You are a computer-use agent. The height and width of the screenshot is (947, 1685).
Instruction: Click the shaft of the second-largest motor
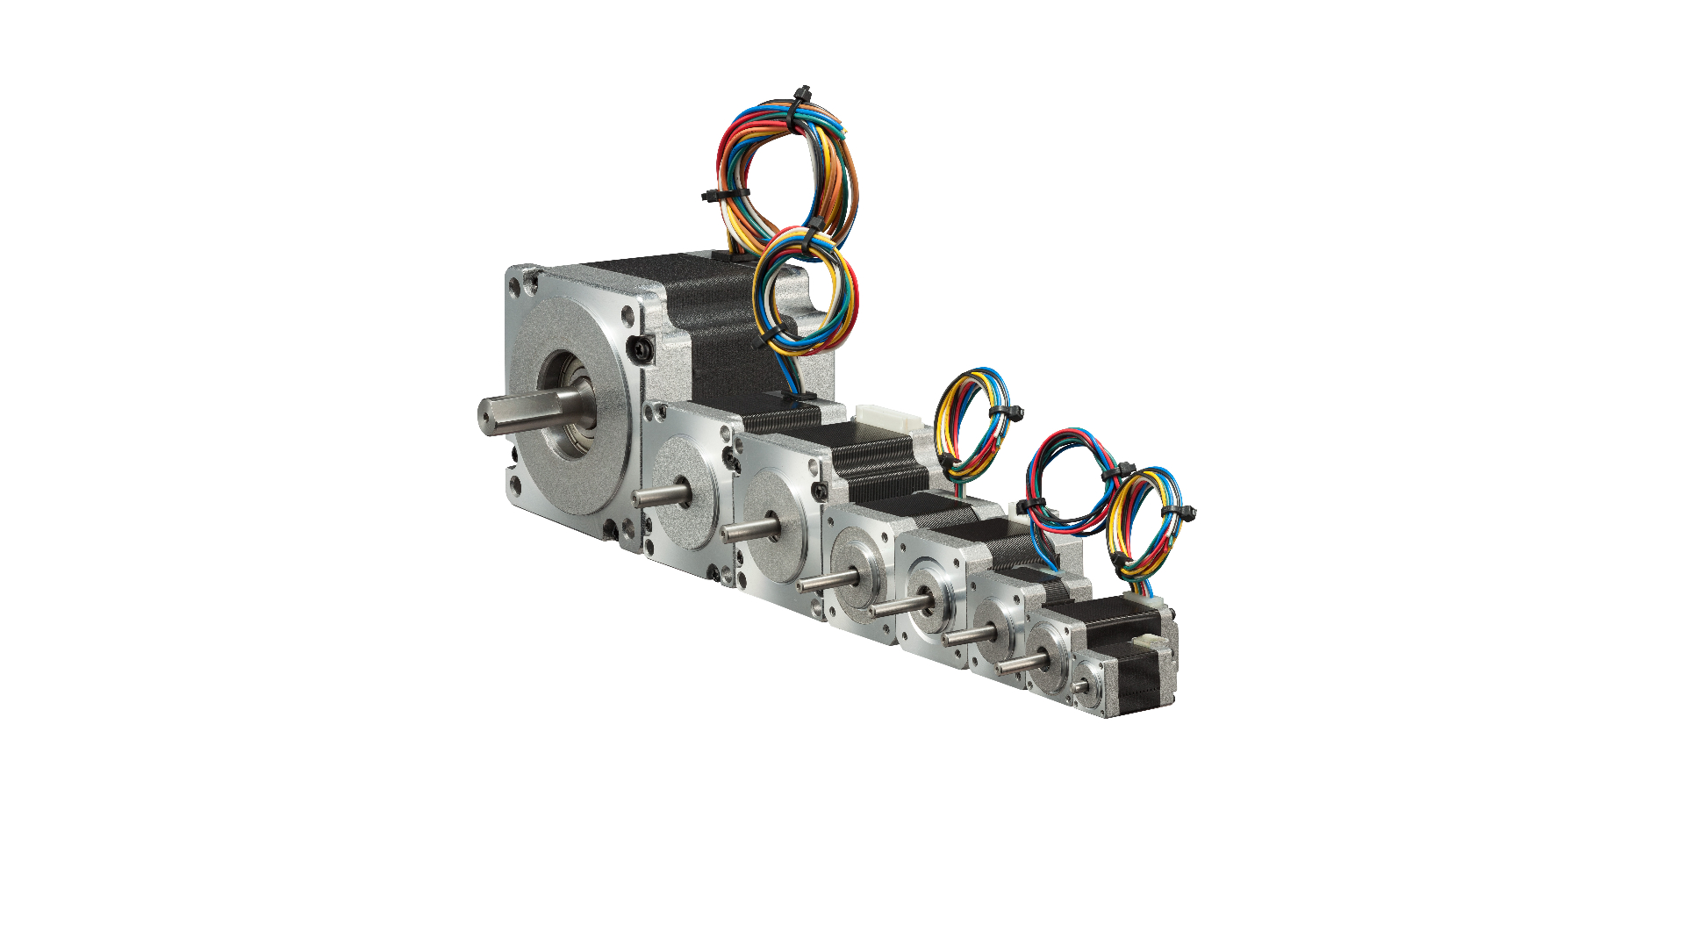[x=658, y=496]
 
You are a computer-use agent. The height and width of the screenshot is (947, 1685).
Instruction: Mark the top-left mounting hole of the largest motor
[x=530, y=282]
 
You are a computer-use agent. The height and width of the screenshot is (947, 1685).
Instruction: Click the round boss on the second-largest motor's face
[x=685, y=492]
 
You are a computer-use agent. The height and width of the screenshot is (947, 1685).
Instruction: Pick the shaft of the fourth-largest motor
[x=825, y=580]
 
